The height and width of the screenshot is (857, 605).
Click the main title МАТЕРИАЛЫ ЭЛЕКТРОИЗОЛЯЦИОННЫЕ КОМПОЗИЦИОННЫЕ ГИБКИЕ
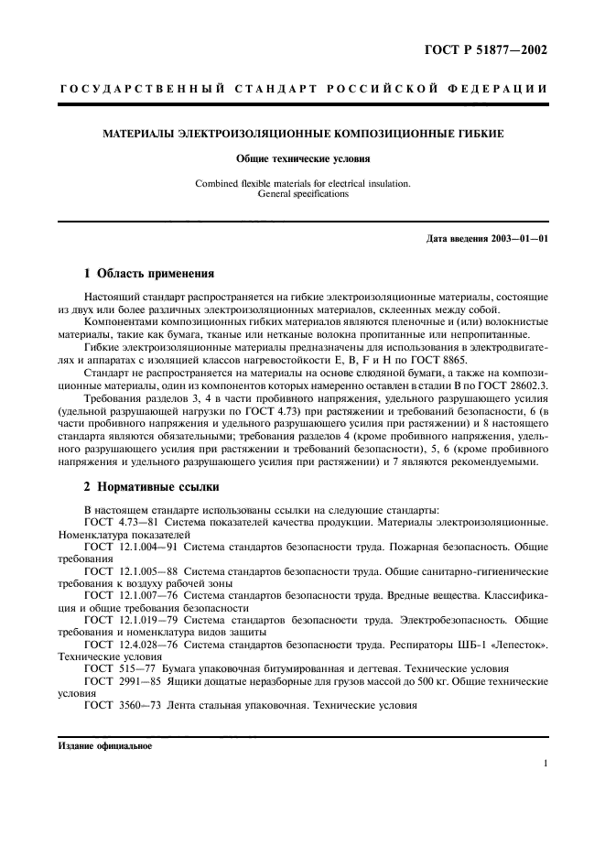pyautogui.click(x=302, y=135)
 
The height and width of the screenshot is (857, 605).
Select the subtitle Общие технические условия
pyautogui.click(x=302, y=158)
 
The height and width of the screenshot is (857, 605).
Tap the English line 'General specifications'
pyautogui.click(x=302, y=194)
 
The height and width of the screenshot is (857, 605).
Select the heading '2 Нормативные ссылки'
pyautogui.click(x=150, y=486)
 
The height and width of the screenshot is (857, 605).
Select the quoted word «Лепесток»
pyautogui.click(x=522, y=645)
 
